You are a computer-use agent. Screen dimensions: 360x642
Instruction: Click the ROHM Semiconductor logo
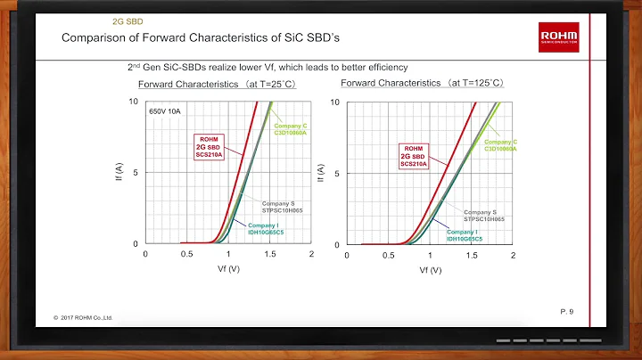[559, 36]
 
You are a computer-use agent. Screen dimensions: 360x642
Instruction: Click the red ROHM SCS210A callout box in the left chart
[210, 146]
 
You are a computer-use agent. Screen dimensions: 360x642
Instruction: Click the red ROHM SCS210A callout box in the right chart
[413, 156]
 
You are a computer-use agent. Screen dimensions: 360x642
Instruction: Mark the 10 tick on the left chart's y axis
[133, 102]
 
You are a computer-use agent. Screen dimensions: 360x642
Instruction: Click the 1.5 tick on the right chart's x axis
[472, 255]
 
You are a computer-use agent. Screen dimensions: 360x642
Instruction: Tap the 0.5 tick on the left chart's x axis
[186, 255]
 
